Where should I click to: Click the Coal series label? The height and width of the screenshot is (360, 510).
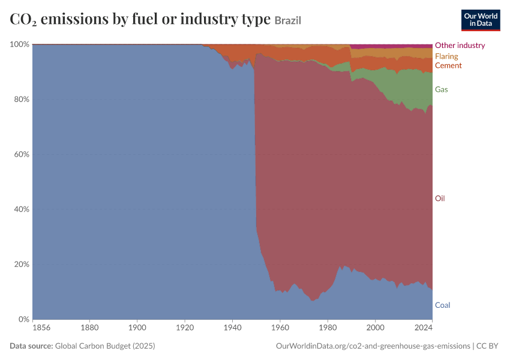pyautogui.click(x=442, y=305)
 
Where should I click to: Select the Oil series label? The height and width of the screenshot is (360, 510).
pyautogui.click(x=440, y=199)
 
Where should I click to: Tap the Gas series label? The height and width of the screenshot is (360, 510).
pyautogui.click(x=442, y=89)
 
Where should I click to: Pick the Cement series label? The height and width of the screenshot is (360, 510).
pyautogui.click(x=448, y=65)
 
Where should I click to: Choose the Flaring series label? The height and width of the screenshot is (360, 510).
pyautogui.click(x=446, y=56)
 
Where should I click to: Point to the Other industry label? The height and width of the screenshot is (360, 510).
pyautogui.click(x=460, y=45)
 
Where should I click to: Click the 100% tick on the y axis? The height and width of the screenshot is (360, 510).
pyautogui.click(x=20, y=44)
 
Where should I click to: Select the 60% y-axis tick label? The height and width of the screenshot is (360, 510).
pyautogui.click(x=22, y=154)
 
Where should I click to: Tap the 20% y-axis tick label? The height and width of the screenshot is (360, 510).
pyautogui.click(x=22, y=264)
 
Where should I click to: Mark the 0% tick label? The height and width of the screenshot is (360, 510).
pyautogui.click(x=23, y=319)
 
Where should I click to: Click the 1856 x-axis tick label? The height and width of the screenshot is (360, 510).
pyautogui.click(x=41, y=328)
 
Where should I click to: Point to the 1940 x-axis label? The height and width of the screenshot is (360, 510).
pyautogui.click(x=232, y=328)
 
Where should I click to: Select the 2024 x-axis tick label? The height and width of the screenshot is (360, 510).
pyautogui.click(x=423, y=328)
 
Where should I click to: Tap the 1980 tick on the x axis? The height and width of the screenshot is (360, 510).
pyautogui.click(x=328, y=328)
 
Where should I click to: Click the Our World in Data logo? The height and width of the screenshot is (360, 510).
pyautogui.click(x=481, y=20)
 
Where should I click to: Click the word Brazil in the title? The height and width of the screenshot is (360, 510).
pyautogui.click(x=288, y=20)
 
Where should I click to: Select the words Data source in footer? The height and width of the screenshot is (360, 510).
pyautogui.click(x=31, y=346)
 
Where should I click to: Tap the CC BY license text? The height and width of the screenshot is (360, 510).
pyautogui.click(x=487, y=346)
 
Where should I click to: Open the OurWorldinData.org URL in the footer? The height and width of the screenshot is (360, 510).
pyautogui.click(x=373, y=346)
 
